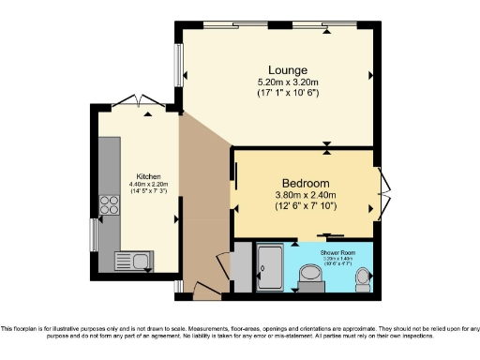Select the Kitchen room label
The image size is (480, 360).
pyautogui.click(x=149, y=176)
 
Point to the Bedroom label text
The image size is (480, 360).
pyautogui.click(x=306, y=183)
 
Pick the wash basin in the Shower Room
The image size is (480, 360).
pyautogui.click(x=307, y=275)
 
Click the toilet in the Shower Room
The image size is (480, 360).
pyautogui.click(x=363, y=278)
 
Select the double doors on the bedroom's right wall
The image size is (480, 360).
pyautogui.click(x=383, y=194)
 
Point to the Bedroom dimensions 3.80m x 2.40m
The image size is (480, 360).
pyautogui.click(x=306, y=195)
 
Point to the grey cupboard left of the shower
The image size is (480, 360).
pyautogui.click(x=240, y=267)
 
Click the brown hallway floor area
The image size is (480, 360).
pyautogui.click(x=202, y=216)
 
